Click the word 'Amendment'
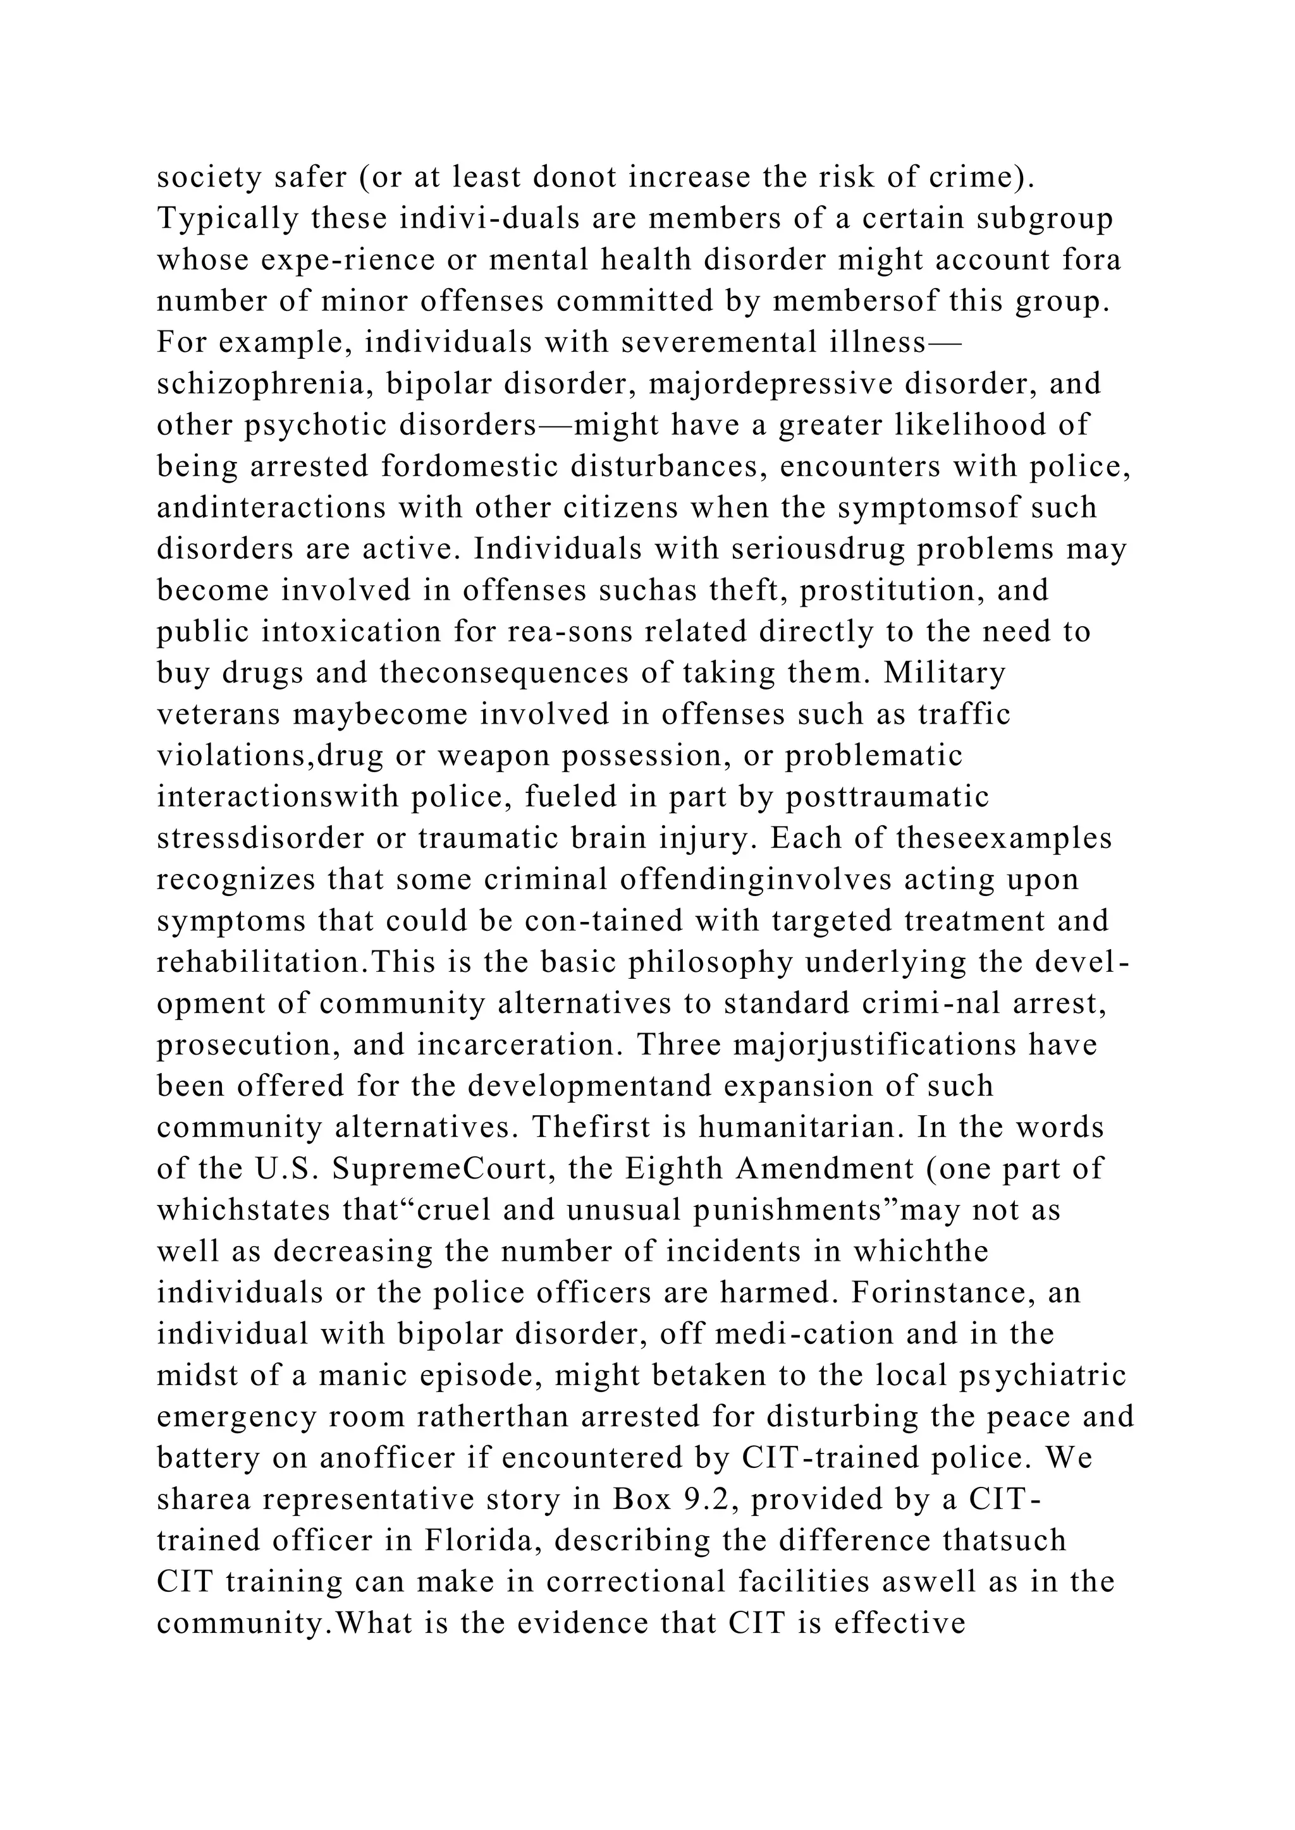[x=825, y=1169]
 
